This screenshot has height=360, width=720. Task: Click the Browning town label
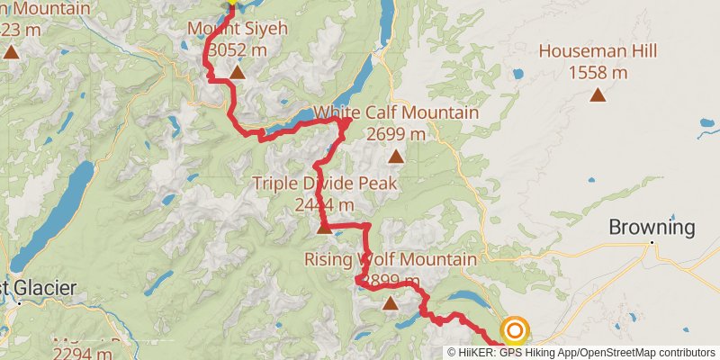point(652,228)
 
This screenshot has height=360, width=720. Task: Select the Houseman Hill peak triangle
point(598,94)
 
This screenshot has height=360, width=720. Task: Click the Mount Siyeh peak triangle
point(236,72)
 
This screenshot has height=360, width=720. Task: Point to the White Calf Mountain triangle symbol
point(395,157)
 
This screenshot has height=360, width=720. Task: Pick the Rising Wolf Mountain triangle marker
point(390,302)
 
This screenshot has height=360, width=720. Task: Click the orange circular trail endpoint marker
point(514,330)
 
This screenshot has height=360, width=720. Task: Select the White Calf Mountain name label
point(396,113)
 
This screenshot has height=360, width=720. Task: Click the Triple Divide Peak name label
point(324,184)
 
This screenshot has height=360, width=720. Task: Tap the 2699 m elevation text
point(396,134)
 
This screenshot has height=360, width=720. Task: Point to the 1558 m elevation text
point(598,73)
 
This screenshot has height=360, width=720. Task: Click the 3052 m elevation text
point(236,50)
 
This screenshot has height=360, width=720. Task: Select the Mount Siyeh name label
point(237,29)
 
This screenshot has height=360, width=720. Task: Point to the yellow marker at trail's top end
point(231,3)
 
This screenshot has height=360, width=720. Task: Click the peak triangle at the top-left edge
point(11,51)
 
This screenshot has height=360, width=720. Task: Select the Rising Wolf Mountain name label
point(390,260)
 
